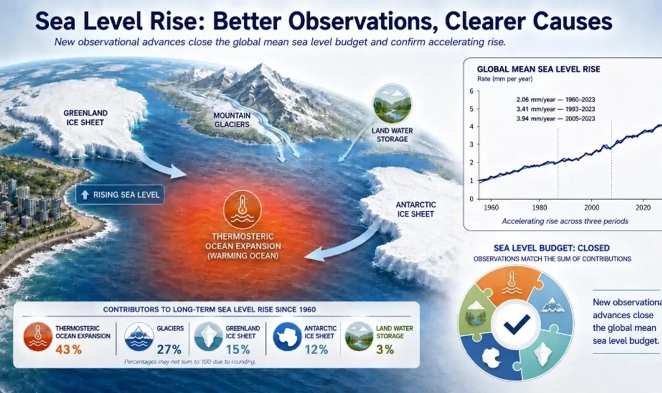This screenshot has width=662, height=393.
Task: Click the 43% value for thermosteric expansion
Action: (68, 350)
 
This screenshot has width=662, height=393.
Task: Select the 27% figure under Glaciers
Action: (169, 350)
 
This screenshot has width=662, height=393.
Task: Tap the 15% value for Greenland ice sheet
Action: (238, 350)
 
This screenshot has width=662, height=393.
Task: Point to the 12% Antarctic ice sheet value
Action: (316, 350)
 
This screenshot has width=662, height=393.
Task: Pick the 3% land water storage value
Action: (385, 350)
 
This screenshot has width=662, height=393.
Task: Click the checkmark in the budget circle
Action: (517, 324)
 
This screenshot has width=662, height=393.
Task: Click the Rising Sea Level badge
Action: (121, 195)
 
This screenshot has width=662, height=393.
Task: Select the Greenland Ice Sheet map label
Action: (85, 118)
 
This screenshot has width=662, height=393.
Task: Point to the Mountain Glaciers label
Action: (232, 120)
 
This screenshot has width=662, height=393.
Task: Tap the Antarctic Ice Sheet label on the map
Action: (415, 210)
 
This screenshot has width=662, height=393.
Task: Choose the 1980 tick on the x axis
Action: (540, 207)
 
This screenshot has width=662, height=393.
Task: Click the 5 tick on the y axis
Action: (471, 109)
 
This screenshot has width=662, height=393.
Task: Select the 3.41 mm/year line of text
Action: (556, 109)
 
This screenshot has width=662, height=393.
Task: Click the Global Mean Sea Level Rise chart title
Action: (538, 69)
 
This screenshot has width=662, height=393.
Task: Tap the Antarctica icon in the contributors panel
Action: (287, 337)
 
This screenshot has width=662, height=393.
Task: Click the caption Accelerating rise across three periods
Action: (565, 221)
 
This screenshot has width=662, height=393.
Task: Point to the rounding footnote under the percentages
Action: (190, 362)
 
